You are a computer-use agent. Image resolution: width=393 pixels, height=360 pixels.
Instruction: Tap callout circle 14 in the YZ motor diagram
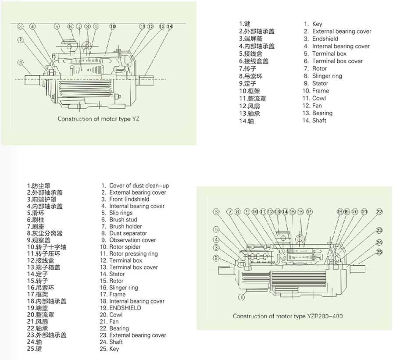click(170, 26)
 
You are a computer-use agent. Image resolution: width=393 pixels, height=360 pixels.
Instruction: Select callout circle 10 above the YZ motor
click(113, 26)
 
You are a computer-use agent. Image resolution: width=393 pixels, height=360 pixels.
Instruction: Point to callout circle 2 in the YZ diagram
click(21, 40)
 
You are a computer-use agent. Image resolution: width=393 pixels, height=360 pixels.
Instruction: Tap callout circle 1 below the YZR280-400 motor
click(240, 297)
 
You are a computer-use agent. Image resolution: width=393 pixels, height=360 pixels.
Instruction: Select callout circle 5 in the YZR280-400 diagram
click(216, 230)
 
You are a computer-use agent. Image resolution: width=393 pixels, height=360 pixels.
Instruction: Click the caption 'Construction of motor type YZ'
click(99, 119)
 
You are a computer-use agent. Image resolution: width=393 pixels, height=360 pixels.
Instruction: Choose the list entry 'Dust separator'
click(128, 233)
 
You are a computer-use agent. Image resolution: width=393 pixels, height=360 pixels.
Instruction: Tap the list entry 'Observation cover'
click(132, 240)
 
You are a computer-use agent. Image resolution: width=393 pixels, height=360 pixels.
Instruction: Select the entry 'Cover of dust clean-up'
click(139, 186)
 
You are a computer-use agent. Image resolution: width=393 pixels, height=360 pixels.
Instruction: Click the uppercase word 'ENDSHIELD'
click(125, 308)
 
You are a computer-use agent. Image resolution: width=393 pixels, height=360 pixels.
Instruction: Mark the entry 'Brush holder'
click(125, 227)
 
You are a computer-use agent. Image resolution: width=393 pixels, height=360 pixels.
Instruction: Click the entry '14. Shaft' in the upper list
click(314, 121)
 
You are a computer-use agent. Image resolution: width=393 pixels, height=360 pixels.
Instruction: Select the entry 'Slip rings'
click(121, 213)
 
